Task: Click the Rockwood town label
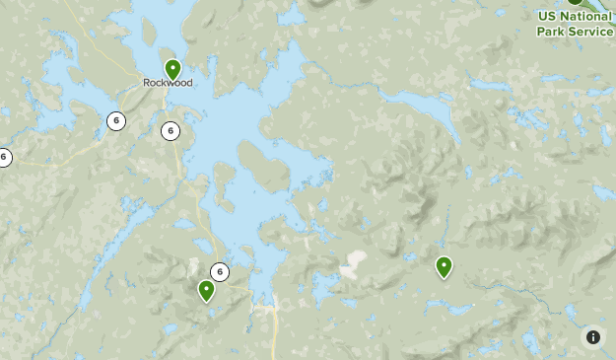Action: [168, 83]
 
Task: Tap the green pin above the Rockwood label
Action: [172, 69]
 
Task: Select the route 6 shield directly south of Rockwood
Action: [171, 130]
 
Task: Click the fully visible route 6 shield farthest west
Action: [116, 121]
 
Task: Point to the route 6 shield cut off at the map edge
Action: [4, 156]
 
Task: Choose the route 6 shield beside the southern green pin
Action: [220, 272]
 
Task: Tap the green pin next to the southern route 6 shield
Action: [206, 290]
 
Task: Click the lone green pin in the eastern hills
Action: [444, 266]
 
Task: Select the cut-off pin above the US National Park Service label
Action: [575, 3]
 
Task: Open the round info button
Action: [592, 337]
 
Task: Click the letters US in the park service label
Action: [545, 17]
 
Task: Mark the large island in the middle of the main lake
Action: [263, 166]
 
